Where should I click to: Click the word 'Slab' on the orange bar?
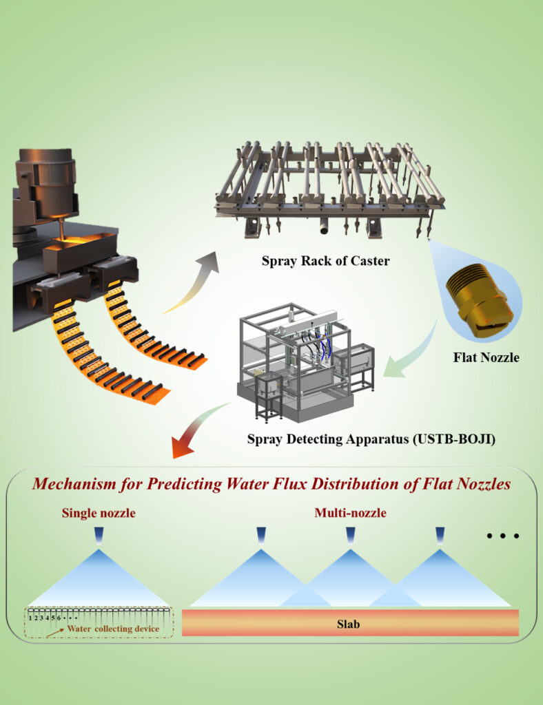(x=350, y=625)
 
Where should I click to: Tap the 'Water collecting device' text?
(x=113, y=629)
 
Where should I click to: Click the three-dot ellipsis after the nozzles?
(x=502, y=535)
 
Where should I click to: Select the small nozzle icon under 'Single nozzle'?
(x=99, y=535)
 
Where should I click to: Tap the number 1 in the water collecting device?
(x=31, y=618)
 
